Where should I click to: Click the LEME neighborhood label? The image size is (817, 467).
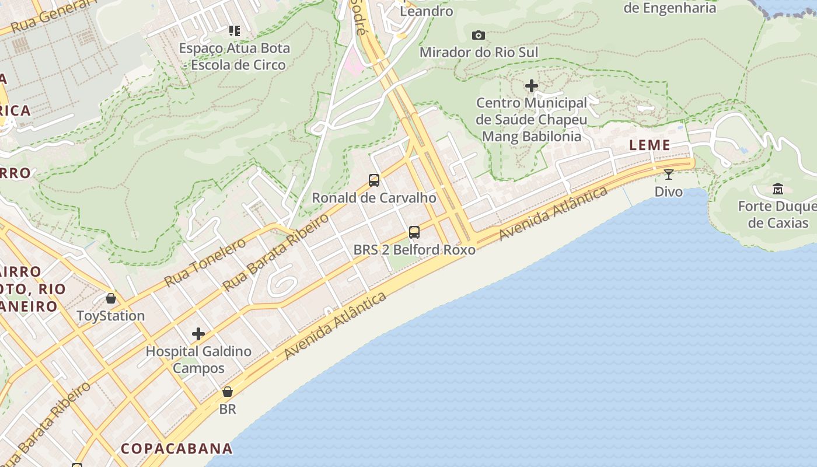pyautogui.click(x=650, y=145)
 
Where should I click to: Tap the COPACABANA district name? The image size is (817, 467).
pyautogui.click(x=177, y=448)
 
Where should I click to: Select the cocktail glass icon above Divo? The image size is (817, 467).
pyautogui.click(x=669, y=174)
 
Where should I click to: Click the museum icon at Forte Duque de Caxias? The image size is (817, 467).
pyautogui.click(x=778, y=189)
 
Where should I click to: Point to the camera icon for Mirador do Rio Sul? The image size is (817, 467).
pyautogui.click(x=479, y=35)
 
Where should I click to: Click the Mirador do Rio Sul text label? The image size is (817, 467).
pyautogui.click(x=479, y=52)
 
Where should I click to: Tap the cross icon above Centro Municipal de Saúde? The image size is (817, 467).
pyautogui.click(x=531, y=86)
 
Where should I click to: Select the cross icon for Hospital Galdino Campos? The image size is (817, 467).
pyautogui.click(x=198, y=334)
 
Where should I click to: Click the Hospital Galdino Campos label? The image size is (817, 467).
pyautogui.click(x=198, y=360)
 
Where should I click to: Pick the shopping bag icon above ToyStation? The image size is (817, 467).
pyautogui.click(x=111, y=298)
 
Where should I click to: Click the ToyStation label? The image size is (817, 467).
pyautogui.click(x=111, y=316)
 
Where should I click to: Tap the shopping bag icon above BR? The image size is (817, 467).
pyautogui.click(x=228, y=391)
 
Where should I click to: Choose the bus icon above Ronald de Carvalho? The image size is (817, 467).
pyautogui.click(x=374, y=180)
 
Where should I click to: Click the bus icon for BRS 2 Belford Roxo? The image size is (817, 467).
pyautogui.click(x=414, y=232)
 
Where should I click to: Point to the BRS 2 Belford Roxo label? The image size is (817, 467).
pyautogui.click(x=414, y=249)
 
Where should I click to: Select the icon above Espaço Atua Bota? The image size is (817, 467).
pyautogui.click(x=234, y=30)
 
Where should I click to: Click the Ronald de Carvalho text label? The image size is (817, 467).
pyautogui.click(x=374, y=197)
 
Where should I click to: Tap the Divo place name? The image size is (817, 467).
pyautogui.click(x=669, y=191)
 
